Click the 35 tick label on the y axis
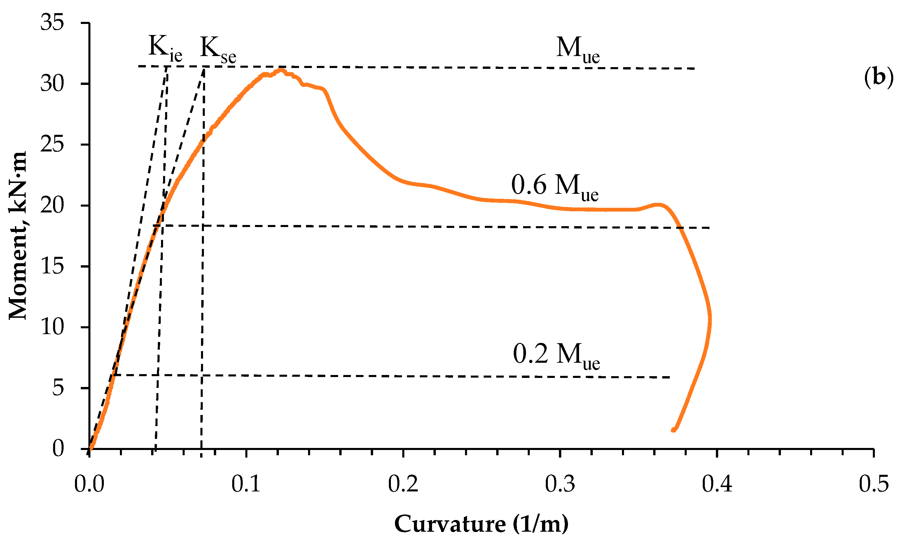[52, 23]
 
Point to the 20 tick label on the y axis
[52, 205]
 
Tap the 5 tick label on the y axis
[58, 388]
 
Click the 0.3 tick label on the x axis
[560, 484]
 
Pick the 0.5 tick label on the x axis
[873, 484]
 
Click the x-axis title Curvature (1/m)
[481, 524]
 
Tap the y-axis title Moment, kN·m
[18, 236]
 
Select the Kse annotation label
[218, 50]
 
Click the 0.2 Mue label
[556, 355]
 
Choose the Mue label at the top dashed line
[578, 50]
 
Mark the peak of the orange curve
[281, 70]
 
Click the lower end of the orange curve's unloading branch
[673, 430]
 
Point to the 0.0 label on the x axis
[89, 484]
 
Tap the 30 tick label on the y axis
[52, 84]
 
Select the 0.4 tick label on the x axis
[717, 484]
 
